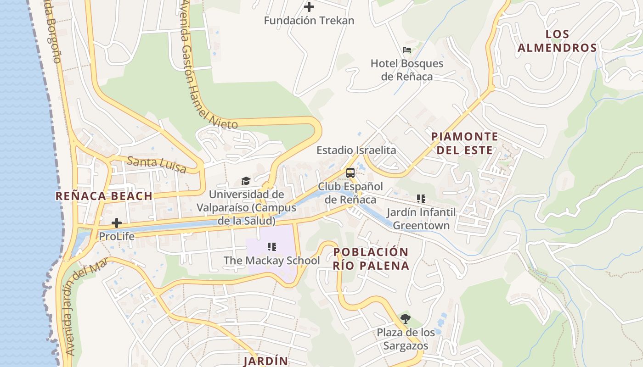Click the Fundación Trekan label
tap(309, 21)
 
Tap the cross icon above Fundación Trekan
tap(309, 7)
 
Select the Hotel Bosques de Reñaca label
tap(407, 70)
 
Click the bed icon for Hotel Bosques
tap(406, 50)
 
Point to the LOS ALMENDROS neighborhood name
tap(557, 41)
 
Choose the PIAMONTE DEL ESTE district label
tap(464, 143)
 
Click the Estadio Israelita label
tap(356, 150)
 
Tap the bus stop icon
tap(350, 173)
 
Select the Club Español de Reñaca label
tap(350, 193)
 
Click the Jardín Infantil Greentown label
tap(421, 219)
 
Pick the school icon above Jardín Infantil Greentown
tap(421, 199)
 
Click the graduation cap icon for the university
tap(246, 181)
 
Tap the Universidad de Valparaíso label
tap(247, 207)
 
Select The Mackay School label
tap(271, 261)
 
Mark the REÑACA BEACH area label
tap(104, 196)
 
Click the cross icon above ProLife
tap(117, 223)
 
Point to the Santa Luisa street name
tap(157, 165)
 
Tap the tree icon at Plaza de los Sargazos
tap(405, 319)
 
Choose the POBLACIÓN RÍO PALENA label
tap(371, 259)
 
